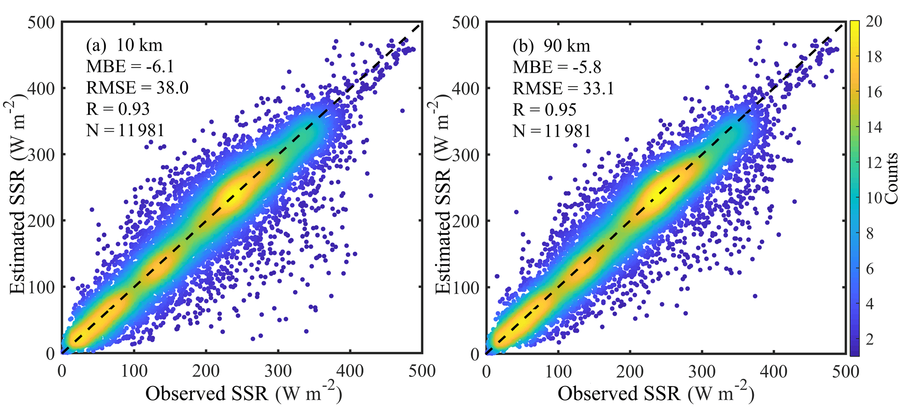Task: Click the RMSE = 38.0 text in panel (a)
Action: [137, 88]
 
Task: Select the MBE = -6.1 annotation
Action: [130, 67]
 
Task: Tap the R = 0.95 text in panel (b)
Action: [545, 110]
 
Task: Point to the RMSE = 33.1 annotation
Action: [563, 89]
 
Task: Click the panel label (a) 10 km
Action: [124, 46]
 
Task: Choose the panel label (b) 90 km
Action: [552, 46]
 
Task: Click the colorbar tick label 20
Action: [874, 21]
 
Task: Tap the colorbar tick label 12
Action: [874, 163]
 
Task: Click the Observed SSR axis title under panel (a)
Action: [243, 393]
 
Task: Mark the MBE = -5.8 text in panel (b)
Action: [557, 67]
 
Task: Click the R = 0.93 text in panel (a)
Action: [118, 109]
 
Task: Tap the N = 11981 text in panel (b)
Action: [552, 131]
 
